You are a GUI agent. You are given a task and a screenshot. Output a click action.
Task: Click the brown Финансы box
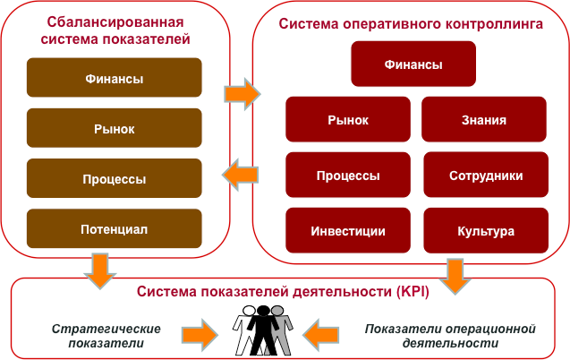[114, 79]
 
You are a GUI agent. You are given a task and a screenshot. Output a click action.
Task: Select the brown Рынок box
[114, 129]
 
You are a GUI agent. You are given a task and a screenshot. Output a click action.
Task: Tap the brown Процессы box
[114, 179]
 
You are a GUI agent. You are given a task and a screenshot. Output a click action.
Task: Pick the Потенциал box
[114, 229]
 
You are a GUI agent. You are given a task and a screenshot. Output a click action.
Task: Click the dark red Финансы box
[413, 64]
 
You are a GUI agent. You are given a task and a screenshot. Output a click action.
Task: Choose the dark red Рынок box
[348, 119]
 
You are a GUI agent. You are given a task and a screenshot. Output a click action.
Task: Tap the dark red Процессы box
[348, 176]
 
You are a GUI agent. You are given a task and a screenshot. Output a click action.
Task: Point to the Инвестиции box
[348, 231]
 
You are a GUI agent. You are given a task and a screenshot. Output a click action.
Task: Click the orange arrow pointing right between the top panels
[240, 93]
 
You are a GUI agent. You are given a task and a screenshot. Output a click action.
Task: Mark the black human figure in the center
[262, 330]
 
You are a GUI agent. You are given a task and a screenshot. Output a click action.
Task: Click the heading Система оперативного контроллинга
[411, 25]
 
